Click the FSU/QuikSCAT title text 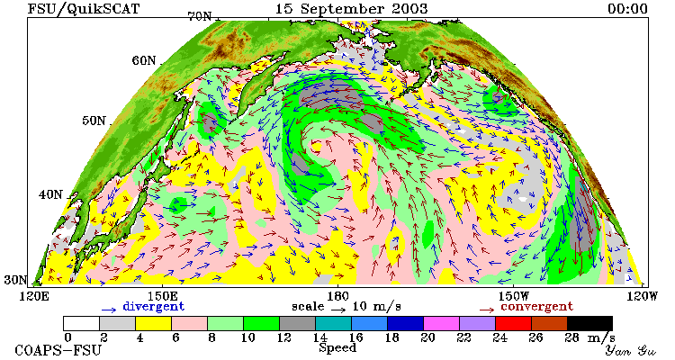point(84,9)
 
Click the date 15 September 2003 point(351,9)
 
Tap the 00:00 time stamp point(627,9)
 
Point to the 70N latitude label point(200,16)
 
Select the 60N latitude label point(144,60)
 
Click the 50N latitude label point(94,120)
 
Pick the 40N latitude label point(50,194)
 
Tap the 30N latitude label point(15,280)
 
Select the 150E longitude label point(162,296)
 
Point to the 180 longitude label point(337,296)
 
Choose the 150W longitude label point(514,296)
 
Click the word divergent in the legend point(154,307)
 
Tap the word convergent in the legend point(536,307)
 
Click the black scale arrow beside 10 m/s point(338,309)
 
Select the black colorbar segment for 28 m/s point(589,323)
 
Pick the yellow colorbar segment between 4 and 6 point(153,323)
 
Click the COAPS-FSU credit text point(58,350)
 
